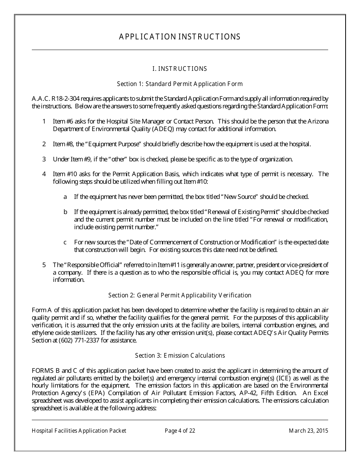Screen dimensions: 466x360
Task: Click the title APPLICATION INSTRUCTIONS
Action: pyautogui.click(x=180, y=37)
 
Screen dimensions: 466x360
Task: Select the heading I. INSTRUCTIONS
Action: pyautogui.click(x=180, y=69)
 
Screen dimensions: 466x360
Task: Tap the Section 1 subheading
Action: pyautogui.click(x=180, y=84)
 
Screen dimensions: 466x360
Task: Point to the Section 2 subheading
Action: pyautogui.click(x=180, y=295)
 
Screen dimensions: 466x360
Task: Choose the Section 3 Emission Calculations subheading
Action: pyautogui.click(x=180, y=355)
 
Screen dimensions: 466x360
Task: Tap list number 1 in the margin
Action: pyautogui.click(x=44, y=121)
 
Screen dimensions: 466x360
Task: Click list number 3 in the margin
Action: pyautogui.click(x=44, y=159)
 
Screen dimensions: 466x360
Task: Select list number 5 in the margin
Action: pyautogui.click(x=44, y=265)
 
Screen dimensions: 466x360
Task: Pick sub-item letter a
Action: pyautogui.click(x=65, y=197)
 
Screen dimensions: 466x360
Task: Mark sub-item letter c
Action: pyautogui.click(x=65, y=242)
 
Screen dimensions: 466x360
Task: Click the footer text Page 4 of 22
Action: pyautogui.click(x=180, y=431)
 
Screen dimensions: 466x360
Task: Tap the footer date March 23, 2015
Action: pyautogui.click(x=308, y=431)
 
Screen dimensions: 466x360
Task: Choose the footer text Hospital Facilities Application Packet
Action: pyautogui.click(x=79, y=431)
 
